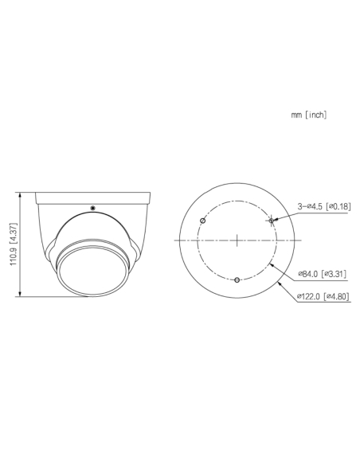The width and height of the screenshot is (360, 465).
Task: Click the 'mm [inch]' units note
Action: tap(309, 115)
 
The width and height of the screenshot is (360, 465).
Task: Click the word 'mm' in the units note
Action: tap(296, 115)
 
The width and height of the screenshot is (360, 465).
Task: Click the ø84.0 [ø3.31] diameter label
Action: tap(322, 274)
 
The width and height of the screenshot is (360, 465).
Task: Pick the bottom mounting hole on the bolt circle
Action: tap(237, 279)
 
